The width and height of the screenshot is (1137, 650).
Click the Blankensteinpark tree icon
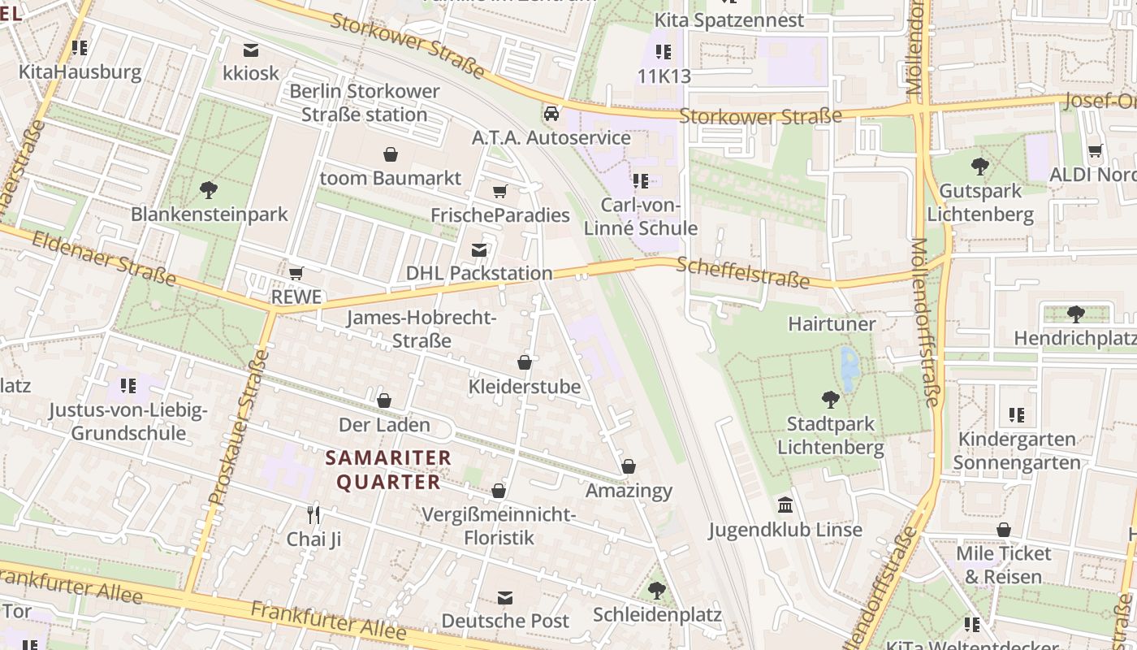209,190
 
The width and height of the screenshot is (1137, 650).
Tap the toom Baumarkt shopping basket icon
391,154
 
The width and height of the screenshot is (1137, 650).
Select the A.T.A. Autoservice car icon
551,113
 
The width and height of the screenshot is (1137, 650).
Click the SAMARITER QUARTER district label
388,470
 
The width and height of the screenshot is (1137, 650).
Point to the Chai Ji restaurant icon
313,514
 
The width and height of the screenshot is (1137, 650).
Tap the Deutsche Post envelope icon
505,597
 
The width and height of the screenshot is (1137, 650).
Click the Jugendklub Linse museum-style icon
785,505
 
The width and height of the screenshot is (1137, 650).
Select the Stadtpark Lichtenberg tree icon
830,399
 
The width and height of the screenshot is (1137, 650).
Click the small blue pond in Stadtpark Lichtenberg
850,367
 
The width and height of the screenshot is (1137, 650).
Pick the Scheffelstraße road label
742,273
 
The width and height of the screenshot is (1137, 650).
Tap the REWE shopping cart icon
296,273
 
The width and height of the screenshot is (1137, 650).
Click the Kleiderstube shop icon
525,362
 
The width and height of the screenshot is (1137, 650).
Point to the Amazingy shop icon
628,466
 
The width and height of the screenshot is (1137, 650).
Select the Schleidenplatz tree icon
656,590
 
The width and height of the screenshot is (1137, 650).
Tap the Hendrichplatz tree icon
1075,314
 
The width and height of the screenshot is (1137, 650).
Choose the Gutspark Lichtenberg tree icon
980,167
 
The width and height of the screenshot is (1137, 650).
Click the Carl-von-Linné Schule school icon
640,180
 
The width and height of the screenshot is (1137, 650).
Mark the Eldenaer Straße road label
103,257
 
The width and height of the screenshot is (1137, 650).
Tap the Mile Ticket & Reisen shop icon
1004,530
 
